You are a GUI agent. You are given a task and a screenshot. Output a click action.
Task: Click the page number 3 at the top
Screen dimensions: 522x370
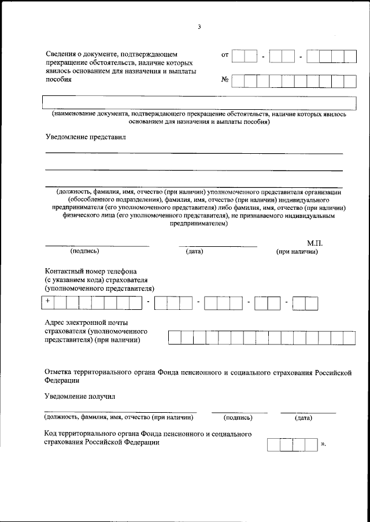199,27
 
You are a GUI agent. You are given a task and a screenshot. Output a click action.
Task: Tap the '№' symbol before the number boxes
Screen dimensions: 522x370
225,80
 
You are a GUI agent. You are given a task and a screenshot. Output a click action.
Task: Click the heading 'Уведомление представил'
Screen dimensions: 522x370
85,137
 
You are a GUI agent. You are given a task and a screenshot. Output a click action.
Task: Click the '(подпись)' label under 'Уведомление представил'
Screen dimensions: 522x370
84,251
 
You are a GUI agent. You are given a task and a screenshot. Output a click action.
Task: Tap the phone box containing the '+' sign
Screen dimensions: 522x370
48,302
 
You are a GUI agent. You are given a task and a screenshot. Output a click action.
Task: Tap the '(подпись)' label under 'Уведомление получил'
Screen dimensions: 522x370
238,417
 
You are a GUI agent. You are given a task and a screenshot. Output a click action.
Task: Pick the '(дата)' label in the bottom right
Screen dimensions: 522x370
304,417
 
